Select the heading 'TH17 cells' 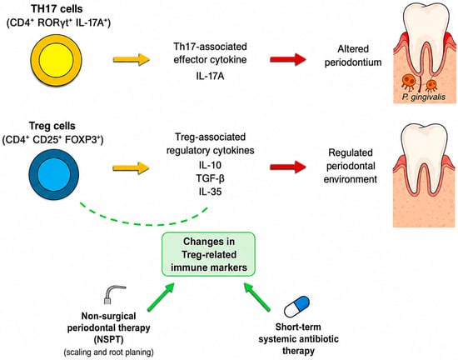coord(57,9)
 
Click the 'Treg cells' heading coord(52,126)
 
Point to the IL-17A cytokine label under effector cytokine coord(210,76)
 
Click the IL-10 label coord(210,165)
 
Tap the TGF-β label coord(210,178)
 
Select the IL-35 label coord(210,192)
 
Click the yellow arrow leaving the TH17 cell coord(132,60)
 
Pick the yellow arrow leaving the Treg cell coord(131,168)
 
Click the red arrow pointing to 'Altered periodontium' coord(288,60)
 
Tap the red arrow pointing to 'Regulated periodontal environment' coord(288,167)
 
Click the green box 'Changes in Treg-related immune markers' coord(208,254)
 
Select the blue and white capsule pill coord(296,307)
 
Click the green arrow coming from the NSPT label coord(161,297)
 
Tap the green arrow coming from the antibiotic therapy coord(257,297)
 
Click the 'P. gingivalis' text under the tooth coord(423,97)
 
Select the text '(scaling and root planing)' coord(108,352)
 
